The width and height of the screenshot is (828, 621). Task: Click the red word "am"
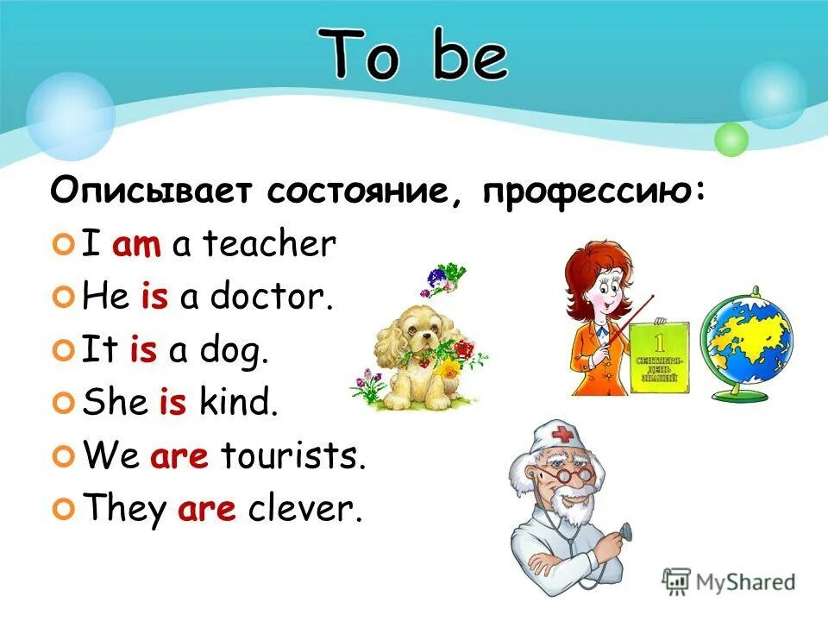point(136,246)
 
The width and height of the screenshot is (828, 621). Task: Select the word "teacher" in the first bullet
point(268,246)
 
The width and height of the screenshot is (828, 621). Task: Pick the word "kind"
point(241,403)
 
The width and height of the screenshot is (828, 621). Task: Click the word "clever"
point(302,509)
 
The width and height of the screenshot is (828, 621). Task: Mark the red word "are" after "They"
point(207,510)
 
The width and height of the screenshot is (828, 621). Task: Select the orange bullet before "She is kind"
point(62,405)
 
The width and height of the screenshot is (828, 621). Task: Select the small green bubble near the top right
point(731,139)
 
